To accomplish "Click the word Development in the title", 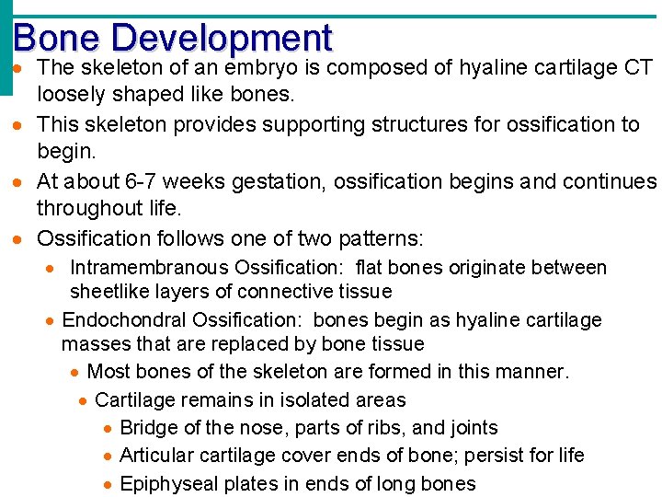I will (x=222, y=38).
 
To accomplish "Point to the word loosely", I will (x=71, y=96).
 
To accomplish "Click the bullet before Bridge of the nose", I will (x=108, y=429).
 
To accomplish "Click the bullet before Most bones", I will (x=74, y=373).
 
